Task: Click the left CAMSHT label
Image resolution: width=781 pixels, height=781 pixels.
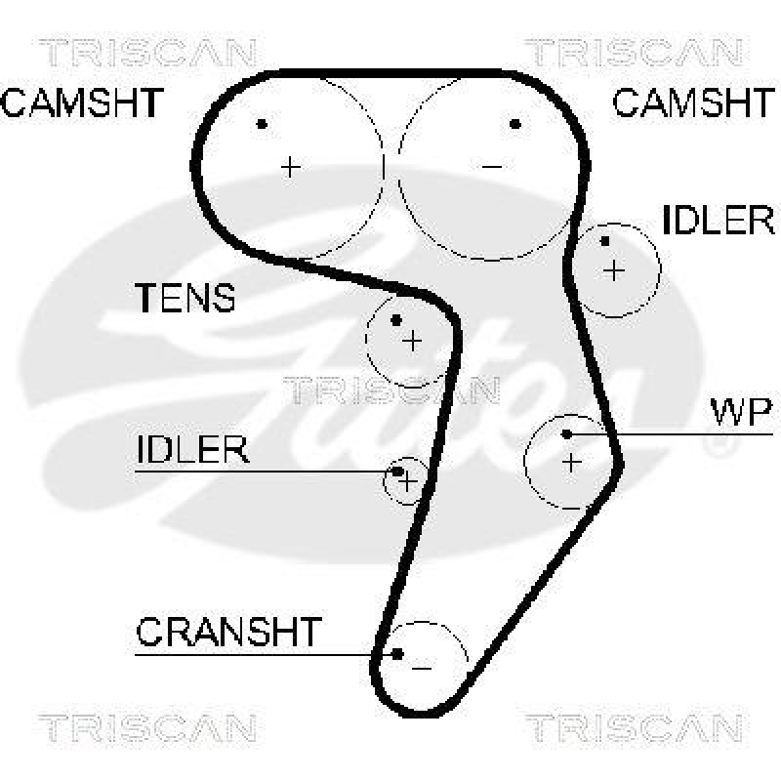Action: pyautogui.click(x=82, y=103)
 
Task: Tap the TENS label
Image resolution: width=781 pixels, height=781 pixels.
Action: pyautogui.click(x=185, y=298)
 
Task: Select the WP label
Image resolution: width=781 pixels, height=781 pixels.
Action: pyautogui.click(x=740, y=413)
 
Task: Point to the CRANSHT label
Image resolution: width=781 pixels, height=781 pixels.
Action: pyautogui.click(x=227, y=633)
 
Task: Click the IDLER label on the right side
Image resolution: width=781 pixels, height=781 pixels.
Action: pyautogui.click(x=718, y=221)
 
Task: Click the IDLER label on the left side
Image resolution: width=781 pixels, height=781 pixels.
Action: pyautogui.click(x=193, y=450)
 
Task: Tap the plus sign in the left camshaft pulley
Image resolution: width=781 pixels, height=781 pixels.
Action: pyautogui.click(x=290, y=167)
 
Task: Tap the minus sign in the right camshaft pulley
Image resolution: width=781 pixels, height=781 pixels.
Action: pyautogui.click(x=492, y=167)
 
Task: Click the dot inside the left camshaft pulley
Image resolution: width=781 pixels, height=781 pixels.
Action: pyautogui.click(x=262, y=124)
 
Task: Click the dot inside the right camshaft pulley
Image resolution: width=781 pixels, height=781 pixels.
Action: pyautogui.click(x=515, y=124)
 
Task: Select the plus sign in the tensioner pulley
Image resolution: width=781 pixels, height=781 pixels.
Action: pyautogui.click(x=412, y=340)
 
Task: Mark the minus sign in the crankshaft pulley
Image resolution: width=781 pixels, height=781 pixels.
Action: pyautogui.click(x=422, y=667)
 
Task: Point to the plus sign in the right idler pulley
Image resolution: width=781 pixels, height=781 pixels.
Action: pyautogui.click(x=613, y=269)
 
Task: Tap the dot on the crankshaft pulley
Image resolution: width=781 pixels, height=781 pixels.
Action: pyautogui.click(x=397, y=653)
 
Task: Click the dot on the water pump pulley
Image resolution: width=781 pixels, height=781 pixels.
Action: pyautogui.click(x=567, y=433)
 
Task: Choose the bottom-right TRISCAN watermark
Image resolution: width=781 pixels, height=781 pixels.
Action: pyautogui.click(x=635, y=727)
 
